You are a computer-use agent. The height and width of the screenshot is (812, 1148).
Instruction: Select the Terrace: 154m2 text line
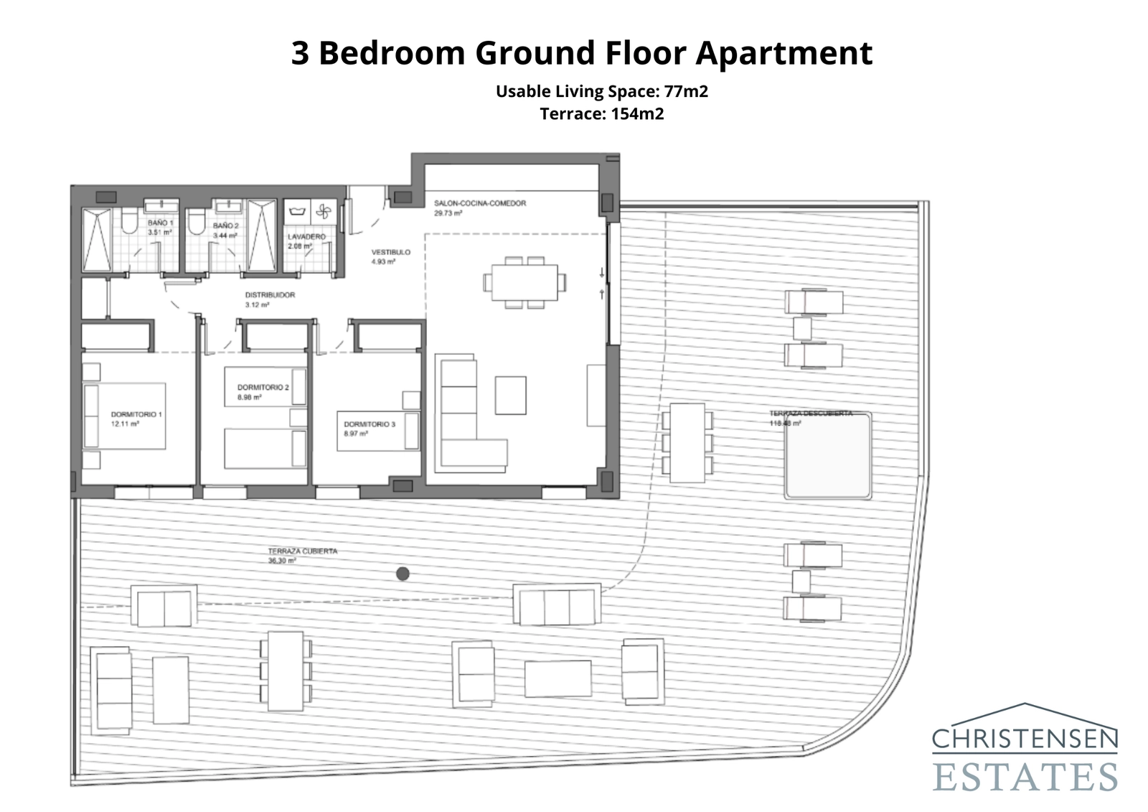(601, 113)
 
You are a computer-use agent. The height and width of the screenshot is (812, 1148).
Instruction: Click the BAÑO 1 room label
(160, 223)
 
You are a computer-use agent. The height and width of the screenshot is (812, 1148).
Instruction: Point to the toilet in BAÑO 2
(195, 224)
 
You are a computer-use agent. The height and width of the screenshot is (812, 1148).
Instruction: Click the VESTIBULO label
(390, 252)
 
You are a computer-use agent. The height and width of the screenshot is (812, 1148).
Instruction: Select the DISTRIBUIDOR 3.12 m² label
(270, 299)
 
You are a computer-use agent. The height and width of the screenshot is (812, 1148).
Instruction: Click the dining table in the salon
(524, 283)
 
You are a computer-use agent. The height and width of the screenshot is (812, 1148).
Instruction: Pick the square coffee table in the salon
(510, 396)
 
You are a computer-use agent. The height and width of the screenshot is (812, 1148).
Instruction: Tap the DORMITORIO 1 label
(136, 414)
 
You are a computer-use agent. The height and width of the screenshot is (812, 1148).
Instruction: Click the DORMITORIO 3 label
(369, 424)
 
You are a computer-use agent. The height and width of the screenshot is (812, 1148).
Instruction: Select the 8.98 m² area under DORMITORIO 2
(249, 397)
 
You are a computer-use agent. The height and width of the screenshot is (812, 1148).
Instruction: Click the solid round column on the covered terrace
(403, 573)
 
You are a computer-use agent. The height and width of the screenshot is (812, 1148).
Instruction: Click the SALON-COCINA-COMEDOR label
(479, 203)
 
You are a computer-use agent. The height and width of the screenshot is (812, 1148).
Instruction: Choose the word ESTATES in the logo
(1025, 778)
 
